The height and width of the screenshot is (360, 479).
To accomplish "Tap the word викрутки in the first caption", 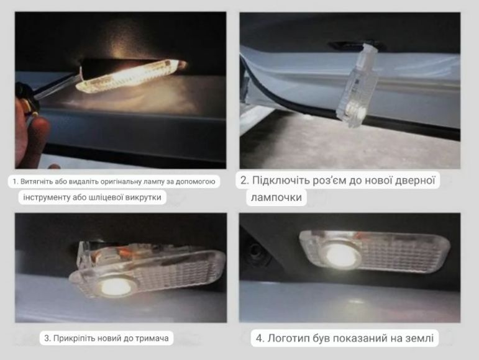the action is click(145, 197).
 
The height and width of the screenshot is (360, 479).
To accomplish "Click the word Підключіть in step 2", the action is click(281, 180).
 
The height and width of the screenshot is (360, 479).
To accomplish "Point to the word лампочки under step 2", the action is click(276, 197).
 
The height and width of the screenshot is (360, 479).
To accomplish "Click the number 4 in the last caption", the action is click(260, 338).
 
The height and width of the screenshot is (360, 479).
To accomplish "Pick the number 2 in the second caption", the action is click(244, 180).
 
